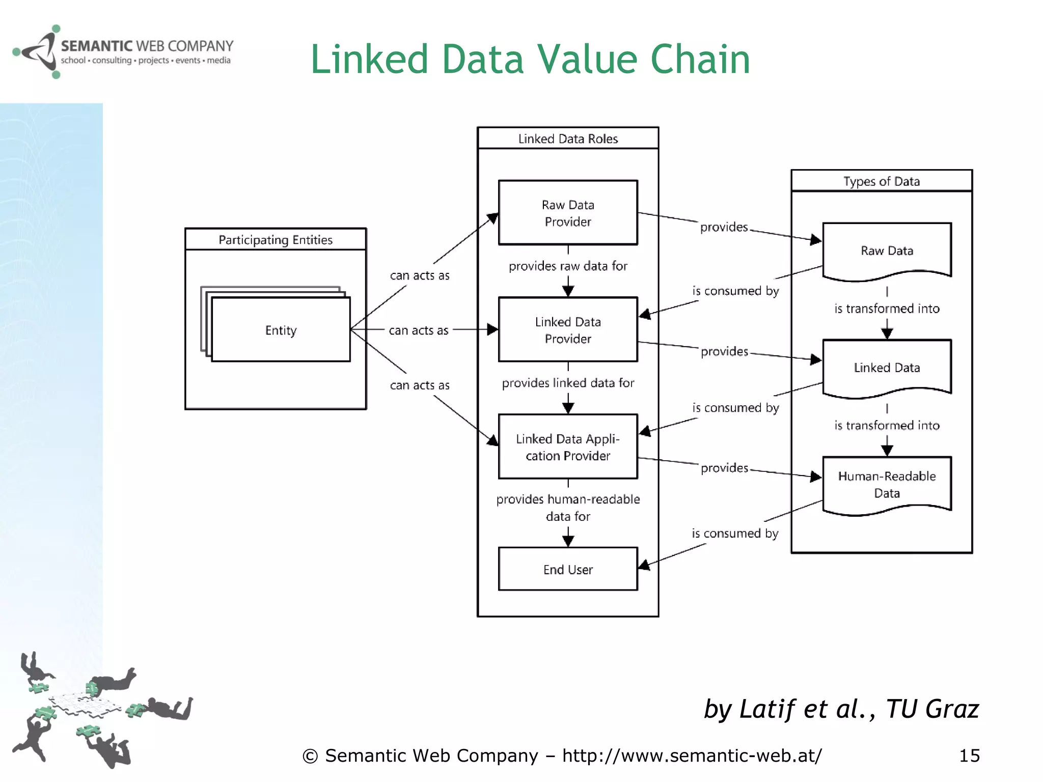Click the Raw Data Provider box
point(568,213)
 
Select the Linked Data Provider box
point(568,330)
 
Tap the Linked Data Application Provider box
point(568,446)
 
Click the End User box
point(568,569)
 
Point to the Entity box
point(281,330)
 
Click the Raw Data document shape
point(887,250)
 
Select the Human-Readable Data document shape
point(887,484)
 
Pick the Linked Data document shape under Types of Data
point(887,368)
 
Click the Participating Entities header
point(276,239)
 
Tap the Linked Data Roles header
point(568,138)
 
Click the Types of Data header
point(882,181)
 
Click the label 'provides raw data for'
point(568,266)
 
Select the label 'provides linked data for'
point(568,383)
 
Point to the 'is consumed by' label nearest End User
point(735,533)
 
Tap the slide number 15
point(969,756)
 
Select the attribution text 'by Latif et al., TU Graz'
point(841,709)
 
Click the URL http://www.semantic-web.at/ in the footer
point(692,756)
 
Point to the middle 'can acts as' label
point(419,330)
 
